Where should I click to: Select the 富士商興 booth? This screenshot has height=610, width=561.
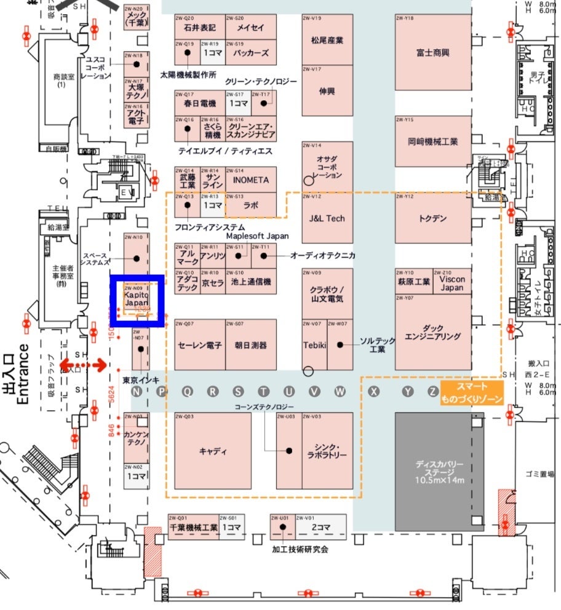tap(432, 53)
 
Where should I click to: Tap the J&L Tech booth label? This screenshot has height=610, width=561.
tap(327, 218)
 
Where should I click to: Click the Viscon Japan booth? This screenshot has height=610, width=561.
tap(452, 283)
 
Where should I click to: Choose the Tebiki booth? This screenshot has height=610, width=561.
tap(314, 345)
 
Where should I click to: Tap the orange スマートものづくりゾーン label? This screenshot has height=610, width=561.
tap(472, 393)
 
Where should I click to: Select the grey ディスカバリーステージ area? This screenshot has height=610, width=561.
tap(439, 471)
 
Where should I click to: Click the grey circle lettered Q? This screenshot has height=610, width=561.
tap(187, 392)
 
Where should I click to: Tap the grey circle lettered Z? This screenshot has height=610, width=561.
tap(433, 392)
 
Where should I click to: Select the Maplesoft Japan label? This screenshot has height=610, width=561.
tap(257, 236)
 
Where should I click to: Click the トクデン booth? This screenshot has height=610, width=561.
tap(432, 218)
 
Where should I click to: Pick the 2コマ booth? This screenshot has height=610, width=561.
tap(320, 527)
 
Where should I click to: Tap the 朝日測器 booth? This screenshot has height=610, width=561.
tap(251, 345)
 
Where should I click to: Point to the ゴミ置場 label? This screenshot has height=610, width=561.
tap(539, 473)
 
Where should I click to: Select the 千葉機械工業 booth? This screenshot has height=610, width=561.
tap(193, 528)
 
